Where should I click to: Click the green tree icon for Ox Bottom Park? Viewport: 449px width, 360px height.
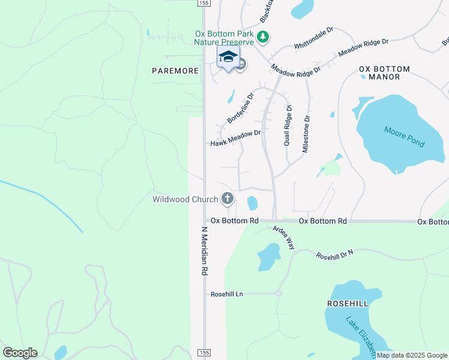coord(262,38)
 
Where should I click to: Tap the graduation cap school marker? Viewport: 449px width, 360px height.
coord(228,58)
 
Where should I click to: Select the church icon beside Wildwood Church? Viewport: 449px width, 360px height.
coord(227,198)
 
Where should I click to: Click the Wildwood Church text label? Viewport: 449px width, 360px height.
coord(185,199)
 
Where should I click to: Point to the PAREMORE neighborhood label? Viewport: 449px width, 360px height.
coord(175,71)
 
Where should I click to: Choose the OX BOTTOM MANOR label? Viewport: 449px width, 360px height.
coord(384,73)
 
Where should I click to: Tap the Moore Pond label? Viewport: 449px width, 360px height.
coord(404,136)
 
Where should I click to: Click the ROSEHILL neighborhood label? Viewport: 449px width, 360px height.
coord(346,304)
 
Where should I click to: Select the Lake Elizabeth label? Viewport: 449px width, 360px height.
coord(360,336)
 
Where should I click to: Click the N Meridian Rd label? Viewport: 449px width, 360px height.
coord(204,251)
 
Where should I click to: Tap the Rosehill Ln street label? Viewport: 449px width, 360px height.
coord(227,294)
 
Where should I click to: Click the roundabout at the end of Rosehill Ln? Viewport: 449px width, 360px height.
coord(279,293)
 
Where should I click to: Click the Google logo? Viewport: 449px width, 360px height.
coord(20,353)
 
